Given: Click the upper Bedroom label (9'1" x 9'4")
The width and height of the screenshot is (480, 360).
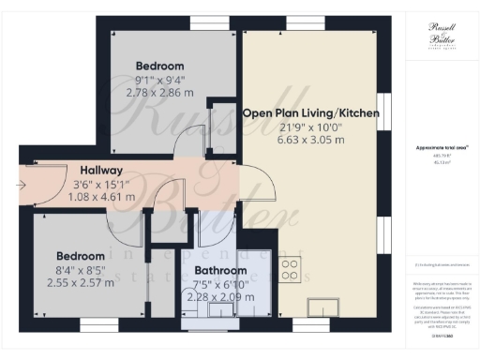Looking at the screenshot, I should pyautogui.click(x=158, y=66).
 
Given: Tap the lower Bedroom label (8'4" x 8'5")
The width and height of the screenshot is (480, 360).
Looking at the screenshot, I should pyautogui.click(x=80, y=256).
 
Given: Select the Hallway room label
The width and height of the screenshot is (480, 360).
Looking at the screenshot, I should pyautogui.click(x=101, y=170).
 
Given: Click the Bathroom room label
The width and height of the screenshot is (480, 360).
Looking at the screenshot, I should pyautogui.click(x=214, y=270).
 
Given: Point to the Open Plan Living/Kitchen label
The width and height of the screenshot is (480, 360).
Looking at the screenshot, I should pyautogui.click(x=310, y=112).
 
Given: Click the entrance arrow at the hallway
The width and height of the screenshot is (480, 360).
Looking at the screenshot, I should pyautogui.click(x=22, y=184).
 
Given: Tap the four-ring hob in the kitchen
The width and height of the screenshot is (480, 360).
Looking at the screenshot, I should pyautogui.click(x=291, y=269).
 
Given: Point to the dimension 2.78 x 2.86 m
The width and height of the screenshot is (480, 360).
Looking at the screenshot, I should pyautogui.click(x=158, y=93).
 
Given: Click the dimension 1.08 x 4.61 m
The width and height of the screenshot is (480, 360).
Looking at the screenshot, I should pyautogui.click(x=101, y=198).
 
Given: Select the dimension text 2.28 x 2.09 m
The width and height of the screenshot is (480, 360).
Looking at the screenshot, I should pyautogui.click(x=214, y=297).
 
